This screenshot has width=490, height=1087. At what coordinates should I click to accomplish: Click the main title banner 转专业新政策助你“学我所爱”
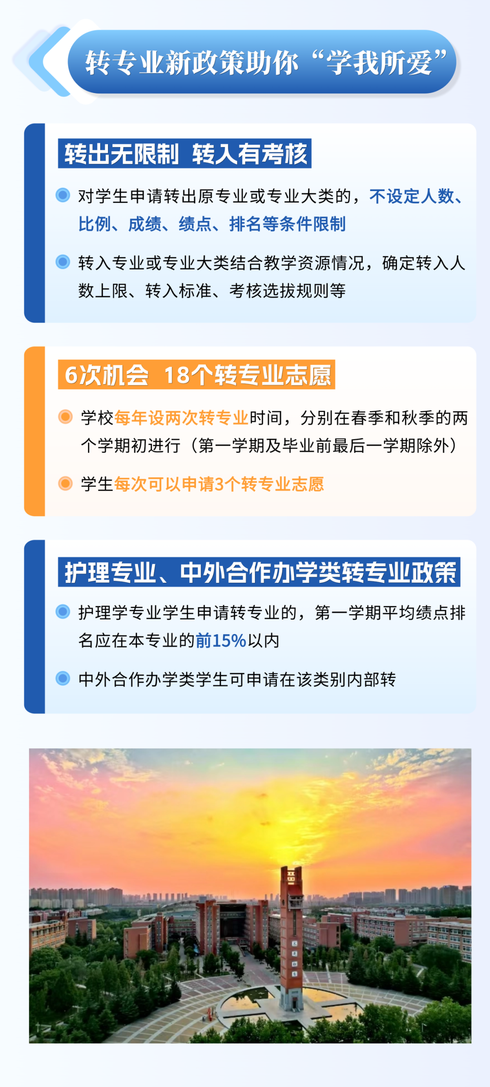(x=265, y=62)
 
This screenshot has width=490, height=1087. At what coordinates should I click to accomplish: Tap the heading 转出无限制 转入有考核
(x=185, y=154)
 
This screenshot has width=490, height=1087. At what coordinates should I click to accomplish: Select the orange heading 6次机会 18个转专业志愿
(x=196, y=375)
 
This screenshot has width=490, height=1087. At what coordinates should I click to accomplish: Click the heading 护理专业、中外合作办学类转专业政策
(x=259, y=572)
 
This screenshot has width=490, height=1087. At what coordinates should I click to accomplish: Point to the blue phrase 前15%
(x=221, y=641)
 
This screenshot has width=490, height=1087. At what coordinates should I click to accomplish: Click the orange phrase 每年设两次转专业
(x=181, y=418)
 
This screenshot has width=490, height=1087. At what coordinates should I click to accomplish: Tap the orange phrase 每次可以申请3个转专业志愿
(x=219, y=484)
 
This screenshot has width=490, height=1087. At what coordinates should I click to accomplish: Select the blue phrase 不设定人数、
(x=416, y=197)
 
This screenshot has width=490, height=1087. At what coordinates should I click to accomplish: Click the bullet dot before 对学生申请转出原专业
(x=63, y=195)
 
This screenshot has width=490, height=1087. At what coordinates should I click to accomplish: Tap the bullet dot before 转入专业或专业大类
(x=63, y=262)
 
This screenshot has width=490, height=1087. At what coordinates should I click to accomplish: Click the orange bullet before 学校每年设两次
(x=65, y=417)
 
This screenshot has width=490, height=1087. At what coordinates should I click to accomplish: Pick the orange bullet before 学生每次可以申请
(x=65, y=483)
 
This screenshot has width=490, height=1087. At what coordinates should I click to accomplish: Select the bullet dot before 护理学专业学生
(x=63, y=612)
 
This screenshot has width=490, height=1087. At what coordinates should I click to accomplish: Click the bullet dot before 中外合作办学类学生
(x=63, y=679)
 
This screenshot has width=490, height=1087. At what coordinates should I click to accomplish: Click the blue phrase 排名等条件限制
(x=287, y=224)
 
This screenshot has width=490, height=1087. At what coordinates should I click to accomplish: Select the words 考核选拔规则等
(x=287, y=290)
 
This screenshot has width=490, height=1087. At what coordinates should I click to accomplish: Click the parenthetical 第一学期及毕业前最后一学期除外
(x=324, y=446)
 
